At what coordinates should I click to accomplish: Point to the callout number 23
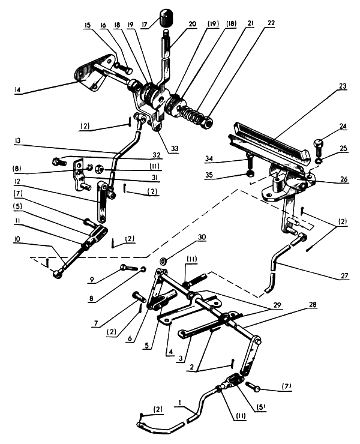pos(343,86)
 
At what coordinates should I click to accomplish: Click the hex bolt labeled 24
pos(319,145)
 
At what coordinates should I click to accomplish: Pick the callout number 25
pos(343,149)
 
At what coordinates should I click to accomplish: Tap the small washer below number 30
pos(163,262)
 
